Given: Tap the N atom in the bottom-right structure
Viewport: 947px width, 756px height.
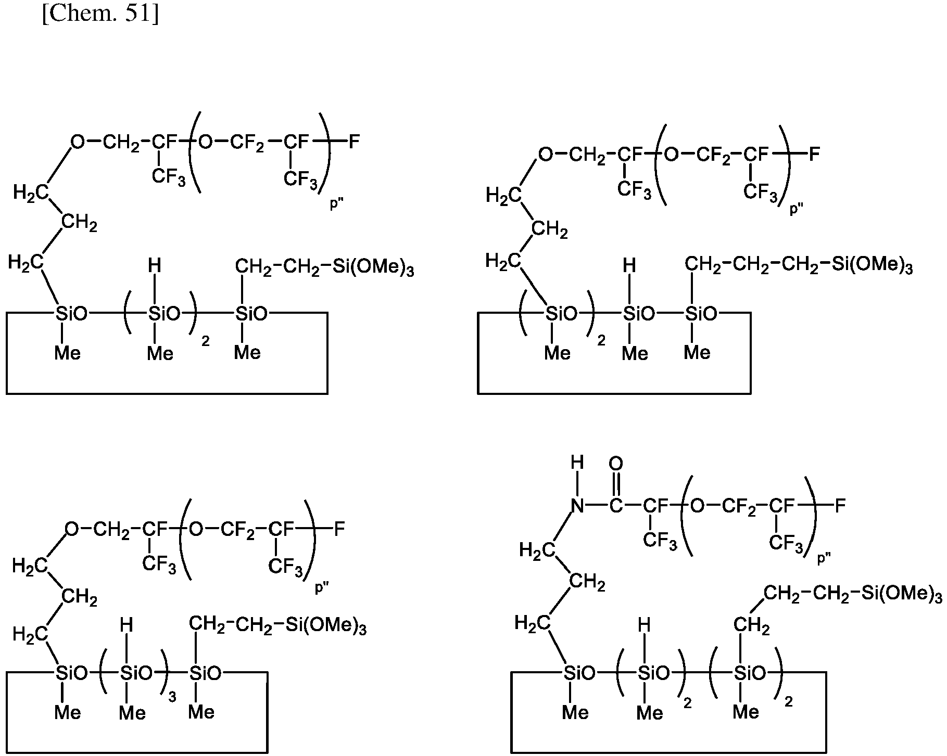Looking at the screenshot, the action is pyautogui.click(x=577, y=505).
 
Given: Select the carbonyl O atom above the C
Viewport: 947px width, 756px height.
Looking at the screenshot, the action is pyautogui.click(x=615, y=463).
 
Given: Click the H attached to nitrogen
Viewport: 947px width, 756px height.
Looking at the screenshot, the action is pyautogui.click(x=577, y=463).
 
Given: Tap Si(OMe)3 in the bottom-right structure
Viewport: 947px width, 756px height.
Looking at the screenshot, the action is pyautogui.click(x=902, y=594).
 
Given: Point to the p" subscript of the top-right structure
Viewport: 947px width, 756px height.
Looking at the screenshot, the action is pyautogui.click(x=797, y=209).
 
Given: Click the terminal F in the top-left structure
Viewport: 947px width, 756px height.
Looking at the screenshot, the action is pyautogui.click(x=354, y=141).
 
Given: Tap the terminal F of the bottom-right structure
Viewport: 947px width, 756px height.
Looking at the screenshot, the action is pyautogui.click(x=840, y=505).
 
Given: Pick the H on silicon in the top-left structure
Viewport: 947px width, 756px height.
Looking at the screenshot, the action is pyautogui.click(x=154, y=266).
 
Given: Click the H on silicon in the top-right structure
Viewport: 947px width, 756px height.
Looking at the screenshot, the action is pyautogui.click(x=629, y=266).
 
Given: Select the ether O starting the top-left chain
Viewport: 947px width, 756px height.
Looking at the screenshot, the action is pyautogui.click(x=78, y=141).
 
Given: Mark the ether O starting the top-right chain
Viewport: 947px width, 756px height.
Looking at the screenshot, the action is pyautogui.click(x=545, y=154).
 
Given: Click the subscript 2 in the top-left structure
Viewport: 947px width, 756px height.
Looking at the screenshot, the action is pyautogui.click(x=205, y=342).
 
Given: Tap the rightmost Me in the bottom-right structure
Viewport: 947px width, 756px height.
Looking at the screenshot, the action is pyautogui.click(x=746, y=711).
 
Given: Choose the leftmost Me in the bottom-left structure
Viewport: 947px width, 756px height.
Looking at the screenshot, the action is pyautogui.click(x=68, y=712).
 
